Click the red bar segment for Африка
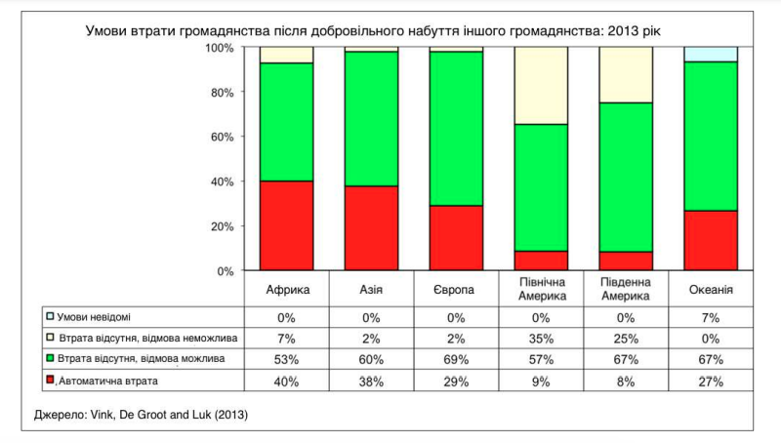click(286, 225)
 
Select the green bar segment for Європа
click(456, 128)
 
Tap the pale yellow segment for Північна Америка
click(541, 85)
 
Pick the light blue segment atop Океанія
click(710, 54)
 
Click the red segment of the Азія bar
click(371, 227)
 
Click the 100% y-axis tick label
click(220, 48)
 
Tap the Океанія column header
click(710, 290)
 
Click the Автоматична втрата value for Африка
click(287, 381)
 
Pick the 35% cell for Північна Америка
click(541, 339)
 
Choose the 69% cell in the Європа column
click(456, 360)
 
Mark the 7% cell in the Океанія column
click(710, 317)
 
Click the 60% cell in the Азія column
click(371, 360)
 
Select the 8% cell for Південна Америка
click(625, 381)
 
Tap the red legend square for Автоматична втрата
click(49, 380)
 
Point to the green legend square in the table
click(49, 359)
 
